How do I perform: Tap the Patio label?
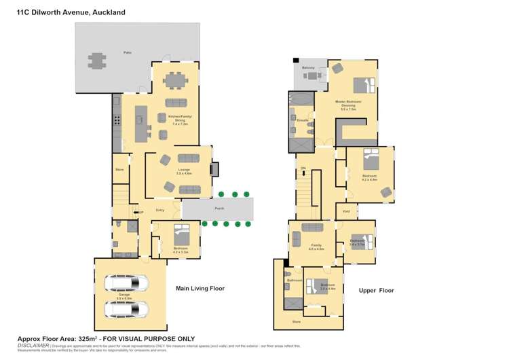(127, 52)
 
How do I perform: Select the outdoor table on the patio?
(97, 61)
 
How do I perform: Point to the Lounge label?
(184, 172)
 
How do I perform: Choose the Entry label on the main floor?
(160, 210)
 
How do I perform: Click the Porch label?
(219, 209)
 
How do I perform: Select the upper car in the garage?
(126, 283)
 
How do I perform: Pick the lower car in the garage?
(126, 310)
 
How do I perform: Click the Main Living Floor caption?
(200, 289)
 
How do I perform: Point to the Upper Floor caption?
(376, 291)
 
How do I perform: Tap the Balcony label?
(308, 68)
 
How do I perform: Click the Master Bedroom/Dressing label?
(348, 105)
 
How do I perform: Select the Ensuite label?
(303, 120)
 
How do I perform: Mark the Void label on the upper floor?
(346, 211)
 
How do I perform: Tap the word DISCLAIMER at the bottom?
(33, 345)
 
